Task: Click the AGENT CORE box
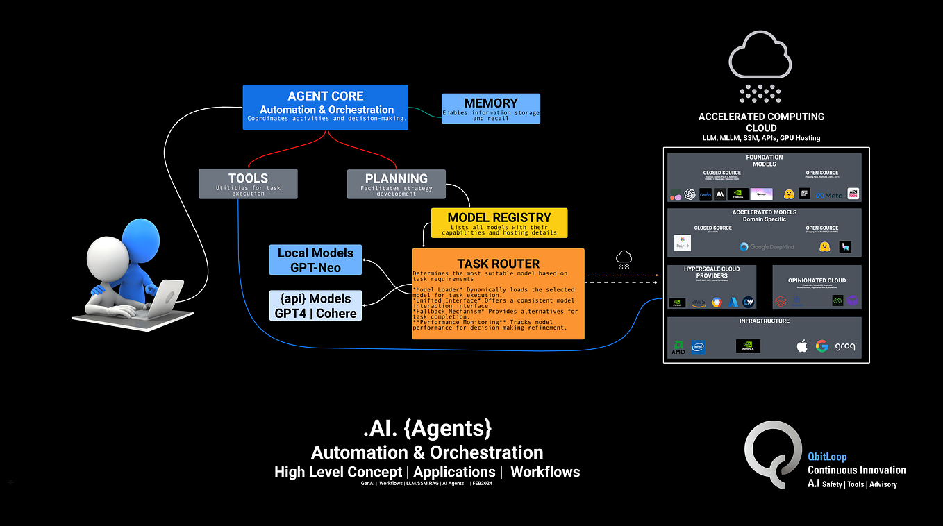pyautogui.click(x=325, y=107)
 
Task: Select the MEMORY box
pyautogui.click(x=490, y=109)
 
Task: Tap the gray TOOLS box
pyautogui.click(x=248, y=183)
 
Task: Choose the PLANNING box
pyautogui.click(x=396, y=183)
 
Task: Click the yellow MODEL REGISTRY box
pyautogui.click(x=499, y=223)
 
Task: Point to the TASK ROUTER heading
pyautogui.click(x=498, y=264)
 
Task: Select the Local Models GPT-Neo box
pyautogui.click(x=315, y=260)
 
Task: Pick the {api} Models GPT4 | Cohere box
pyautogui.click(x=315, y=305)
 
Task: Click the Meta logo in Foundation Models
pyautogui.click(x=829, y=195)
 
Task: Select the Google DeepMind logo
pyautogui.click(x=767, y=246)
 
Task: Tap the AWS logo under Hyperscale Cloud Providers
pyautogui.click(x=697, y=302)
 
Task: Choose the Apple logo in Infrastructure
pyautogui.click(x=802, y=346)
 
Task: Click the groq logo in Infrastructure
pyautogui.click(x=845, y=346)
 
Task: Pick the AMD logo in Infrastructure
pyautogui.click(x=678, y=347)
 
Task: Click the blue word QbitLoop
pyautogui.click(x=827, y=457)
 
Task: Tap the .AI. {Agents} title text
pyautogui.click(x=427, y=428)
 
